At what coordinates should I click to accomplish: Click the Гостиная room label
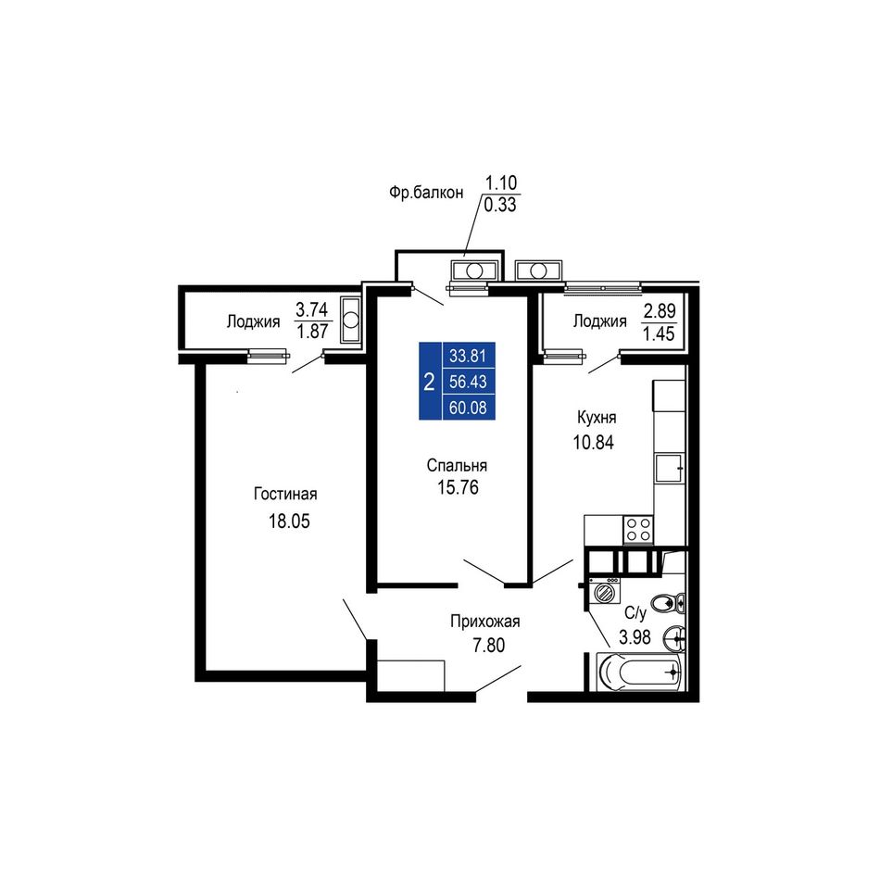285,494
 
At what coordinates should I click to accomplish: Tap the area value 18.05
289,521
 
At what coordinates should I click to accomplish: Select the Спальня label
457,465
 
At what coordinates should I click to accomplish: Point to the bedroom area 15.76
458,487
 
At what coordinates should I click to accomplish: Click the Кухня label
597,418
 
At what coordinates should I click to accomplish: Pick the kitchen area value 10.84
593,442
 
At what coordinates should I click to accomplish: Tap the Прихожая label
484,622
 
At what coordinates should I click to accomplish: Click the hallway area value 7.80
488,646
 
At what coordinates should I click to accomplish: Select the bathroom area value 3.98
635,637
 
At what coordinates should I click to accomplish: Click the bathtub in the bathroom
639,672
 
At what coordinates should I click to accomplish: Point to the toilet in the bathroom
670,604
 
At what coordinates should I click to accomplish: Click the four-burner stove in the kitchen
638,529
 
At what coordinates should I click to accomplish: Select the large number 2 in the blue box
429,383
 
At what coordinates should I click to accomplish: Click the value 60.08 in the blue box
468,407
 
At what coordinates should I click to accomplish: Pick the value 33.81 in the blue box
468,356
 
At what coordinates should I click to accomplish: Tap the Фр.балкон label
426,193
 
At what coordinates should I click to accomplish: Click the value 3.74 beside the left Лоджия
311,309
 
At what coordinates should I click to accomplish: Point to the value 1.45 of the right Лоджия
659,333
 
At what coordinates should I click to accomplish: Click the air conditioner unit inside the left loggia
350,320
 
